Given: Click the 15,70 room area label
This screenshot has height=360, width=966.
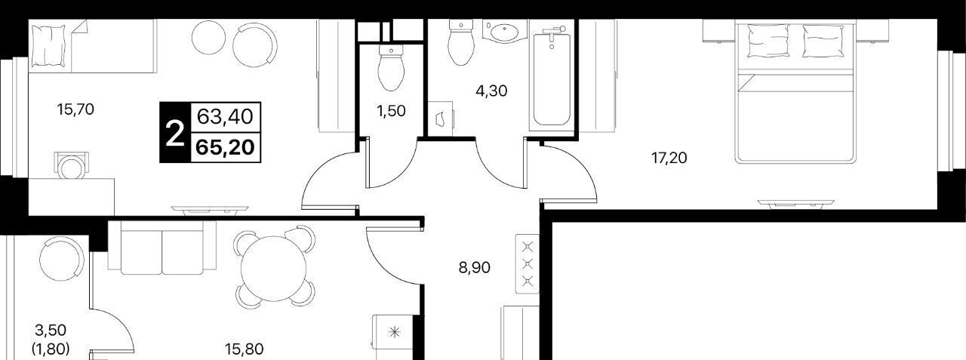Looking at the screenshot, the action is click(x=75, y=110).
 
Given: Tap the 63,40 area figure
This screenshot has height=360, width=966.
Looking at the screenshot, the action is click(x=225, y=116).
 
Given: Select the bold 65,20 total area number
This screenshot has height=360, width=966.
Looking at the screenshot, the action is click(x=225, y=147).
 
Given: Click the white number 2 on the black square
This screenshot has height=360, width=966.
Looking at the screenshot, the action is click(x=175, y=133).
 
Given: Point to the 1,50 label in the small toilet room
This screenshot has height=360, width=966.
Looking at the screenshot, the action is click(x=391, y=111).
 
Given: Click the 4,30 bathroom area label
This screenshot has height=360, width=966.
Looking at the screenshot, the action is click(x=491, y=91).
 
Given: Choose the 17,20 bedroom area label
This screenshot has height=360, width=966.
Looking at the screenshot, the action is click(x=669, y=158).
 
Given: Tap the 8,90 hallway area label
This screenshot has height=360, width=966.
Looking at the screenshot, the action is click(x=475, y=268).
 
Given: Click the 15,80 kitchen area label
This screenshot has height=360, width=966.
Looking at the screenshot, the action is click(x=244, y=349).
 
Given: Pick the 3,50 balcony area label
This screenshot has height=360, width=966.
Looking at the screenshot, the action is click(x=51, y=331).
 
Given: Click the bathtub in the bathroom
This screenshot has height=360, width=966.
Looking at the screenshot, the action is click(x=552, y=78).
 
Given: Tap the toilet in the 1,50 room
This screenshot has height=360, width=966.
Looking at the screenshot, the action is click(x=391, y=67).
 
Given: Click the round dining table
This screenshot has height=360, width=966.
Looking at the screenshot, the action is click(x=273, y=267).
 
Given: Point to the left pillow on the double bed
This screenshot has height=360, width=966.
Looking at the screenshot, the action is click(x=768, y=41).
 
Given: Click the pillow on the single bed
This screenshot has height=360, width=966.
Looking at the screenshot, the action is click(x=49, y=45).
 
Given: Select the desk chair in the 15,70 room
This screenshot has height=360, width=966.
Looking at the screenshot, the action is click(x=71, y=165).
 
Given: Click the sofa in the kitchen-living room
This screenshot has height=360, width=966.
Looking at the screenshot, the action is click(x=162, y=248).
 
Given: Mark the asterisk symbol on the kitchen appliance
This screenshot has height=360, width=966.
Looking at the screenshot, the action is click(x=394, y=332).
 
